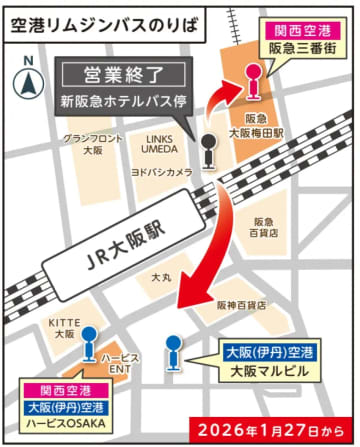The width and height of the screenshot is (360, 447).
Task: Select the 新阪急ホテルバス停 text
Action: pos(124,101)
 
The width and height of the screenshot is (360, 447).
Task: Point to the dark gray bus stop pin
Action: pos(207,151)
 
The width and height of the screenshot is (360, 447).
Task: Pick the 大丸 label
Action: pos(160,272)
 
